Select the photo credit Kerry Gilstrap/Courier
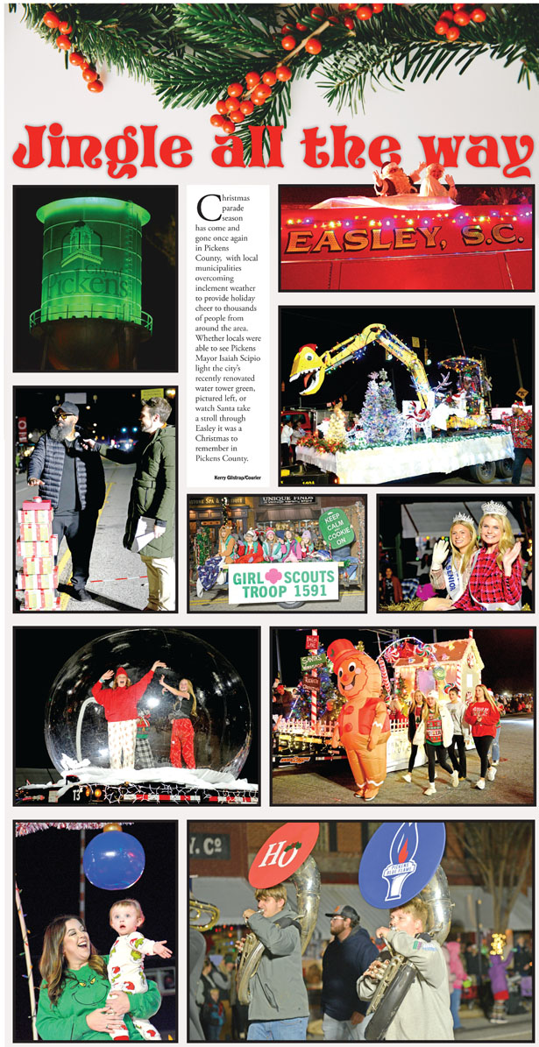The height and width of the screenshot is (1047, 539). coord(237,478)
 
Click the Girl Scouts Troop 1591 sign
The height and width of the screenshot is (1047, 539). coord(283,583)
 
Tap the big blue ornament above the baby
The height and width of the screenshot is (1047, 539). coord(114,860)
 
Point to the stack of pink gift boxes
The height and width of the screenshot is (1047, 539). coord(38,552)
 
